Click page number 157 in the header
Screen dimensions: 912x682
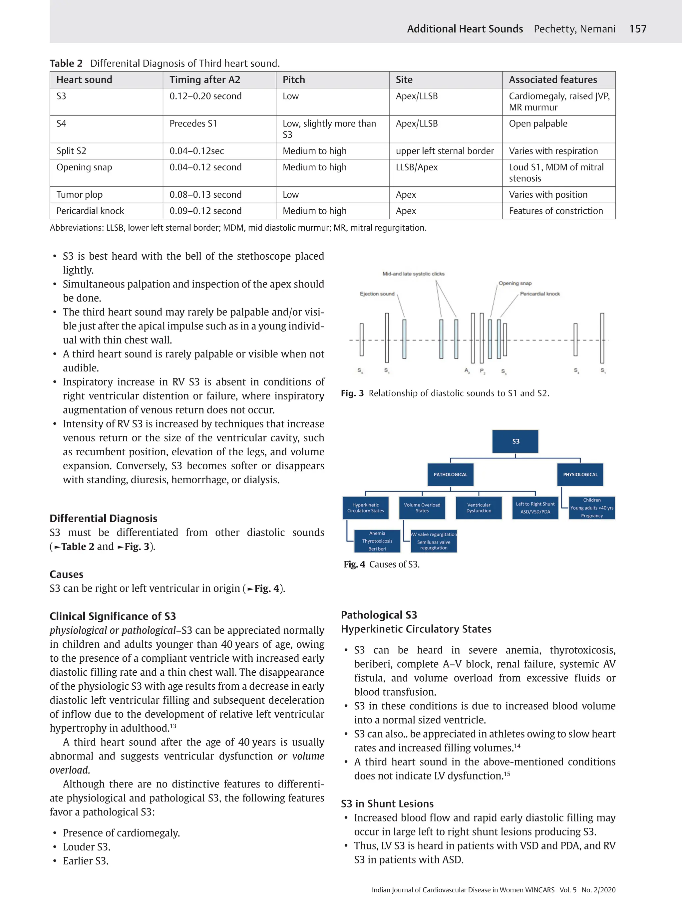coord(637,29)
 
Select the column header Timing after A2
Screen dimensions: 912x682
coord(205,80)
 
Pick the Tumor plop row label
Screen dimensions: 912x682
coord(79,195)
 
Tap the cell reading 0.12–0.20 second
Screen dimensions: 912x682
coord(205,96)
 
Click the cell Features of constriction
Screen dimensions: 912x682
coord(555,211)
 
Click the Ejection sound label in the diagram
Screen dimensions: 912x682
coord(377,294)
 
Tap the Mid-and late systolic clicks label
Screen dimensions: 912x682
coord(413,274)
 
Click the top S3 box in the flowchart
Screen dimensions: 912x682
coord(515,441)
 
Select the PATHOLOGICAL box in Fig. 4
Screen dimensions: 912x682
coord(450,475)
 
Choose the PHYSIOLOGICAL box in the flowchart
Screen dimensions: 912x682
coord(580,475)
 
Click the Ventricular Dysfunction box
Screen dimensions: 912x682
coord(479,508)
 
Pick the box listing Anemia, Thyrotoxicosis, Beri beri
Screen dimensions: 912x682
coord(377,541)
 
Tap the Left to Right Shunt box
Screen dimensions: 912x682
coord(535,508)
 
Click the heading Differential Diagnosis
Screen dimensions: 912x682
coord(103,518)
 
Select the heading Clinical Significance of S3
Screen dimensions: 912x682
coord(113,616)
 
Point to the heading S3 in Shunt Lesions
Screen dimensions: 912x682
coord(387,803)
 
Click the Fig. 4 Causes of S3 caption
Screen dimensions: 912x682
coord(381,565)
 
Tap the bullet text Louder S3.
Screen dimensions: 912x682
coord(86,847)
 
